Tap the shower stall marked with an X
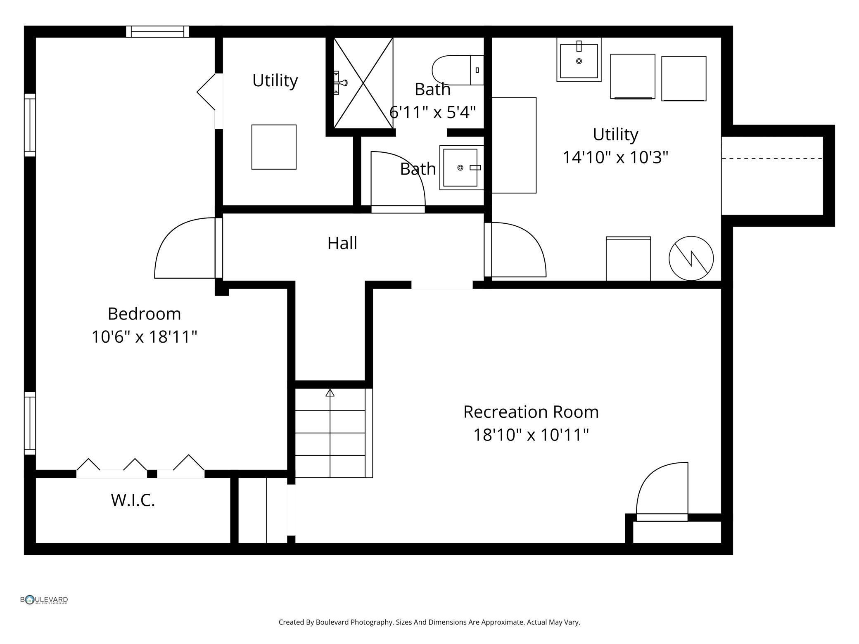pos(363,83)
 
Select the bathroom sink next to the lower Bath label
pos(460,168)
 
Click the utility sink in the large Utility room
pos(579,60)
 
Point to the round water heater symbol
pos(691,258)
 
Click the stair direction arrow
pos(330,393)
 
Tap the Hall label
pos(342,243)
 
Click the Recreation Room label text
pos(531,412)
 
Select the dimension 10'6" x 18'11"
pos(144,337)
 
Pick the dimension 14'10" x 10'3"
pos(615,157)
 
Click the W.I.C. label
pos(133,500)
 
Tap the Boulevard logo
pos(44,600)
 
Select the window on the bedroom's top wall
pos(157,31)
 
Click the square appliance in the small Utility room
pos(274,147)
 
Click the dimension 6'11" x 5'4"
pos(432,112)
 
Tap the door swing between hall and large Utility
pos(516,250)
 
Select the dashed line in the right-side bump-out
pos(772,158)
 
